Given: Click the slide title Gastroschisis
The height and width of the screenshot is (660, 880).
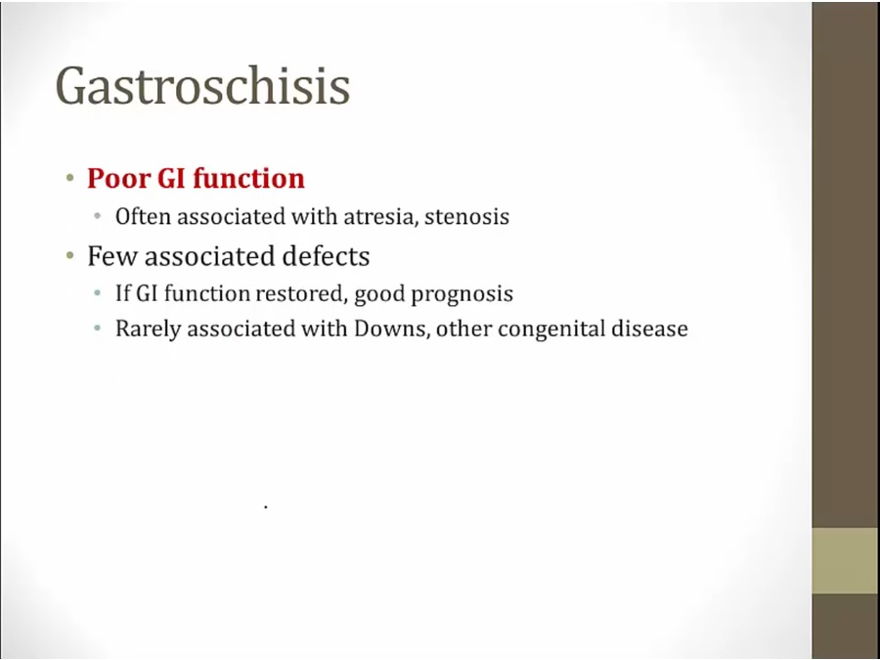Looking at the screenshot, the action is point(202,86).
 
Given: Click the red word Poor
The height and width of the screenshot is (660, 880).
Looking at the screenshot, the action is point(118,179).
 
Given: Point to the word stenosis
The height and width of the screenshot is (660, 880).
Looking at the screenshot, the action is point(467,217).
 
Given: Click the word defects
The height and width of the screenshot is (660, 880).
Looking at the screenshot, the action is point(326,256).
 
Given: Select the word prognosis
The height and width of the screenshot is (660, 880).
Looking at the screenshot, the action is point(462,294).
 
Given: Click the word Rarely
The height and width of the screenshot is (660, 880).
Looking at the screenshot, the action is point(149,329).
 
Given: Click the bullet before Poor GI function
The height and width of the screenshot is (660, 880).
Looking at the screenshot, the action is point(69,179).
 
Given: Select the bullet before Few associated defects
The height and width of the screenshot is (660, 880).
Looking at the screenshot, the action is point(69,256).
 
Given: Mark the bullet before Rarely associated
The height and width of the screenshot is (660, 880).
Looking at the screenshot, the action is point(98,329).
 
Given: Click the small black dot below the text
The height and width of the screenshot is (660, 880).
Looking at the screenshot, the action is point(265,507).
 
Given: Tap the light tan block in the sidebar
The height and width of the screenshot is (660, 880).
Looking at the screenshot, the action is point(845,560).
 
